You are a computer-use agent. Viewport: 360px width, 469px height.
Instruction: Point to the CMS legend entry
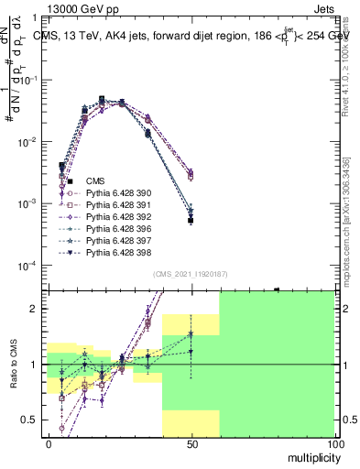click(96, 181)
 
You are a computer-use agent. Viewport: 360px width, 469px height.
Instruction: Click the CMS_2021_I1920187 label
click(190, 274)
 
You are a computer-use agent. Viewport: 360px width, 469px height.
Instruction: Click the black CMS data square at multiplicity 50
click(191, 221)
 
